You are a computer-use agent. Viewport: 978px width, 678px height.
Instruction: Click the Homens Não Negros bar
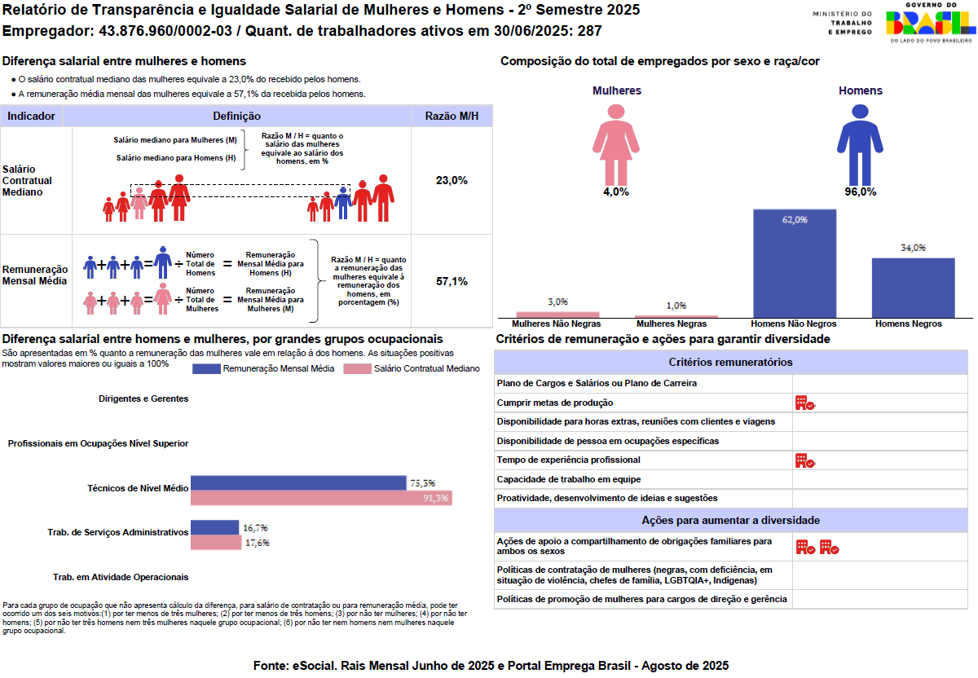point(795,262)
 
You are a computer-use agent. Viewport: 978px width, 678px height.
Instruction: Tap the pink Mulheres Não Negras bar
point(557,314)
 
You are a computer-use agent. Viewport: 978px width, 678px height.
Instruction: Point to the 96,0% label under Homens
point(860,192)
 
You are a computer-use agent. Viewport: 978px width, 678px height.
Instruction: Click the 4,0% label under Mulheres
point(616,192)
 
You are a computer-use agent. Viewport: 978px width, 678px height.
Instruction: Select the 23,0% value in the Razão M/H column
point(452,180)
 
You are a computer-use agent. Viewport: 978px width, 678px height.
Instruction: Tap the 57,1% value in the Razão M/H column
point(452,281)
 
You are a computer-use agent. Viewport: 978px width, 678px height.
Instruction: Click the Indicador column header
point(31,117)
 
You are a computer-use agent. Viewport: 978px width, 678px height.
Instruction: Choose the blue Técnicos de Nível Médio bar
point(298,482)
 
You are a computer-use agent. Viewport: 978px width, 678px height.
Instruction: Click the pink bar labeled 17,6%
point(216,542)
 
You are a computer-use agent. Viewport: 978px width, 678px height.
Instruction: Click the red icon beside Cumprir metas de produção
point(805,403)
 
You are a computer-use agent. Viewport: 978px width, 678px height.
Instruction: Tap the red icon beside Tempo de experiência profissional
point(805,460)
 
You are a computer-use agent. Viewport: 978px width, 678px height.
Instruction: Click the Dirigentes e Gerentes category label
point(143,398)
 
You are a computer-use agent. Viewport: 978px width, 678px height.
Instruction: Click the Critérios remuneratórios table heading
point(730,362)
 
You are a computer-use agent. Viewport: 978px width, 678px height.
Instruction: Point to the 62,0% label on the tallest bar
point(795,219)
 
